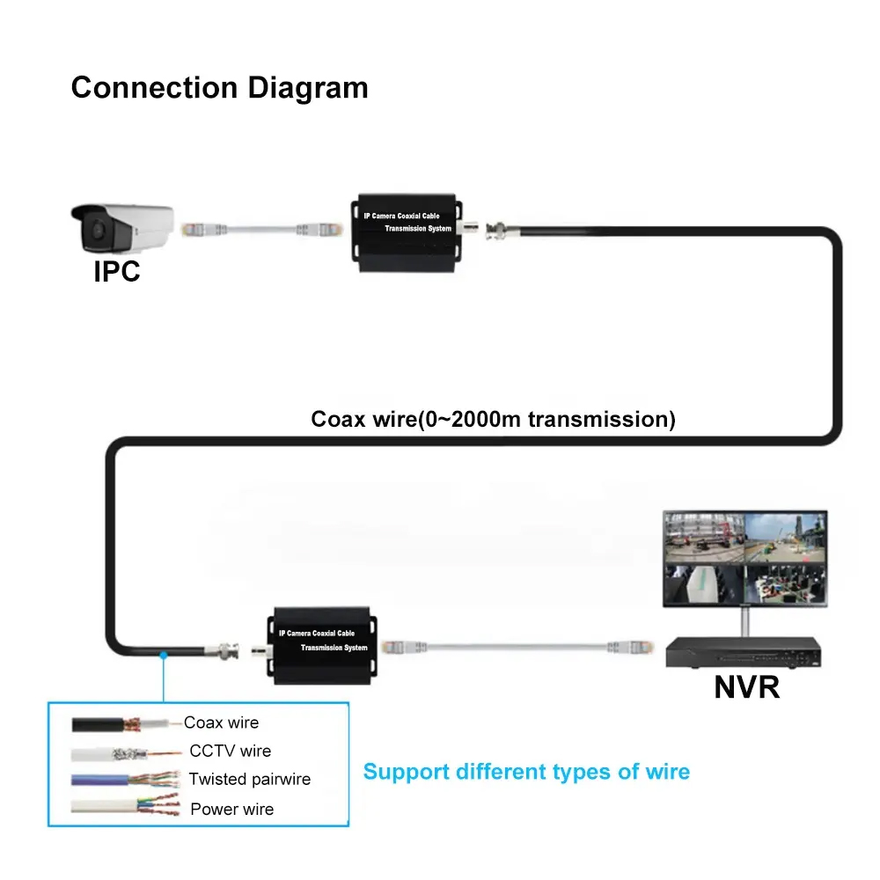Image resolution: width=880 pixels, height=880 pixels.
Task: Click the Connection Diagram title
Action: point(219,88)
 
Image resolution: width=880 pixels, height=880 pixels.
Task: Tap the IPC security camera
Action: point(122,227)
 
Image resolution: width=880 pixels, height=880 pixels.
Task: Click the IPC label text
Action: point(117,271)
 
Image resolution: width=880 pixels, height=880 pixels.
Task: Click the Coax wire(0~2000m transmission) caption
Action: point(493,419)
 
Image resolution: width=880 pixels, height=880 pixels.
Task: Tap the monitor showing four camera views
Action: point(744,559)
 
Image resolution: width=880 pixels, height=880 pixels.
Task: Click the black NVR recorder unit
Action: point(744,652)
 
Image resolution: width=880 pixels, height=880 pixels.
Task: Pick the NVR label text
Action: point(746,687)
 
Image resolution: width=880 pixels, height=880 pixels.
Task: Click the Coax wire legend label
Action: point(221,722)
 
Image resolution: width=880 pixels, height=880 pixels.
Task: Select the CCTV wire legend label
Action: point(230,751)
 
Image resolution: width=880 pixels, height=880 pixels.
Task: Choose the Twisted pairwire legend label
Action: point(249,780)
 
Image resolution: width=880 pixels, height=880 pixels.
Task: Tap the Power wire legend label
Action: point(231,809)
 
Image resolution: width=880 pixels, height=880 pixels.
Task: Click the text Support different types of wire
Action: point(526,772)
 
